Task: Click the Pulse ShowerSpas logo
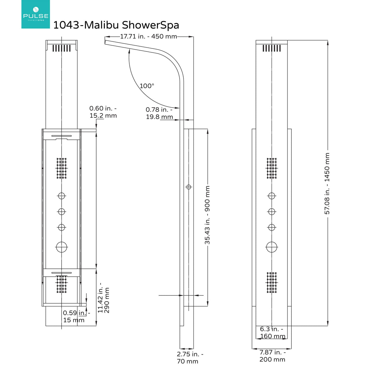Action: pos(36,14)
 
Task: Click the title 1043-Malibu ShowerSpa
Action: pos(116,25)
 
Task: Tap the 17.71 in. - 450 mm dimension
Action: pos(148,36)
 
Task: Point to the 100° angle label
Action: pos(147,86)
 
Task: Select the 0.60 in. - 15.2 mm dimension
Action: pos(103,112)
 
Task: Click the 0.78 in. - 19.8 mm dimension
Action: pos(159,113)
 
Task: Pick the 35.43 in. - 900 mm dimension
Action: pos(207,215)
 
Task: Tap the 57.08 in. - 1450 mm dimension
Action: pos(327,184)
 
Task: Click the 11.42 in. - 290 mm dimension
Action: pos(104,300)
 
